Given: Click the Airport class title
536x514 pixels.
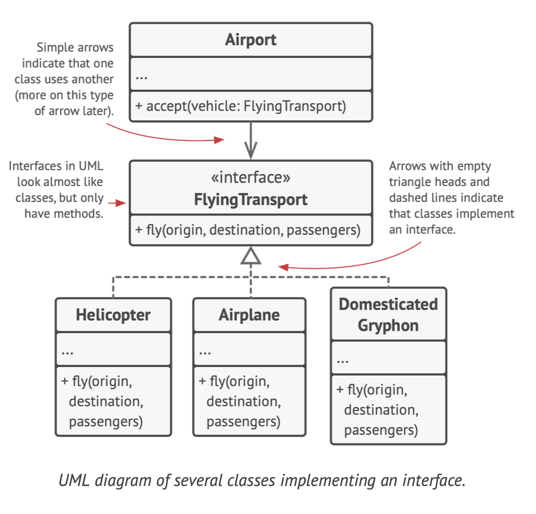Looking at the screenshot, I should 250,39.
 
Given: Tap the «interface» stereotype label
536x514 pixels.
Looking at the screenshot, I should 250,177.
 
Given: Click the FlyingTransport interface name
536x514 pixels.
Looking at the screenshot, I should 250,200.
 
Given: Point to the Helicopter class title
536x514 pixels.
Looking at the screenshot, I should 113,314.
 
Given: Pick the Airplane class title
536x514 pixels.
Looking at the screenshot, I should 249,314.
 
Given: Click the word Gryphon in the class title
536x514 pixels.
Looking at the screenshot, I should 388,325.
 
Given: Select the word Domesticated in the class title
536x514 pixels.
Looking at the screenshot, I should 388,304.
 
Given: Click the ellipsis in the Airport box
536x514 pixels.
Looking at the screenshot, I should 141,77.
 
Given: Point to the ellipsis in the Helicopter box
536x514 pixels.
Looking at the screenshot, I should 67,351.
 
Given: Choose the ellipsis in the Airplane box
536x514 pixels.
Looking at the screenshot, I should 204,351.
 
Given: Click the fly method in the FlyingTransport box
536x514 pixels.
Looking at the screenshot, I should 247,230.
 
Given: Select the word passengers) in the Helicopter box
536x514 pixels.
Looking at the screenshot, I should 105,421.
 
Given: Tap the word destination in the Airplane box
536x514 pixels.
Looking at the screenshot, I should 243,401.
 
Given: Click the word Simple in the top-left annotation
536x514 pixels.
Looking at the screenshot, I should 54,48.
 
